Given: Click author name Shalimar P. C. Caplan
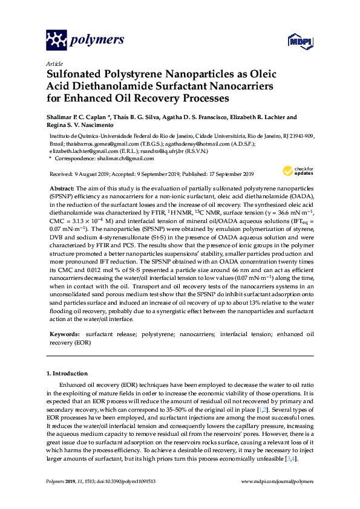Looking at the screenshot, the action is [76, 117].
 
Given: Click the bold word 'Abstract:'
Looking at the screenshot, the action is [62, 189].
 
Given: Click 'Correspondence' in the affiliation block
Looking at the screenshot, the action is [73, 158].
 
